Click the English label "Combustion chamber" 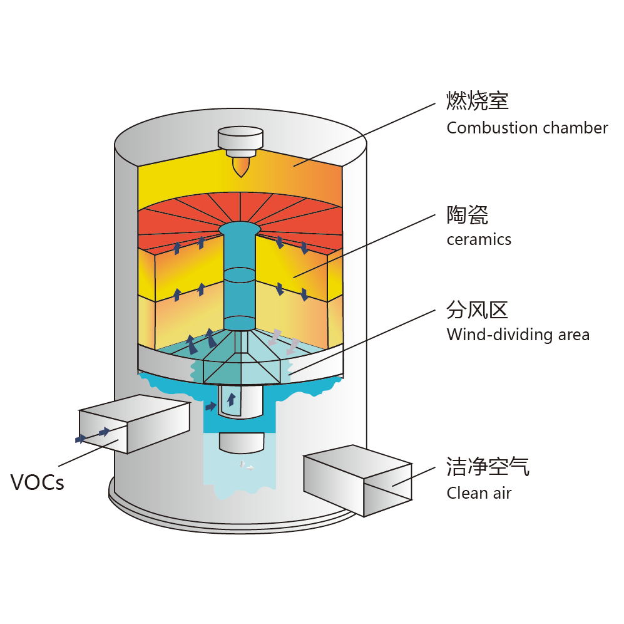pos(527,128)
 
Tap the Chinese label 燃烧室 pos(478,100)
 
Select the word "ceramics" pos(479,239)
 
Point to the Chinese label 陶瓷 pos(467,214)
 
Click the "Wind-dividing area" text pos(518,335)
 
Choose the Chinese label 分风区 pos(477,309)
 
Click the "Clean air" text pos(479,493)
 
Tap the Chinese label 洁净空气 pos(488,467)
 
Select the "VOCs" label pos(38,483)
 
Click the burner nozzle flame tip pos(240,167)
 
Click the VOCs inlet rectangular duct pos(134,425)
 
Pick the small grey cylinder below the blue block pos(241,442)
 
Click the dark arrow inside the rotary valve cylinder pos(232,399)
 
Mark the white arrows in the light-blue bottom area pos(247,466)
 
